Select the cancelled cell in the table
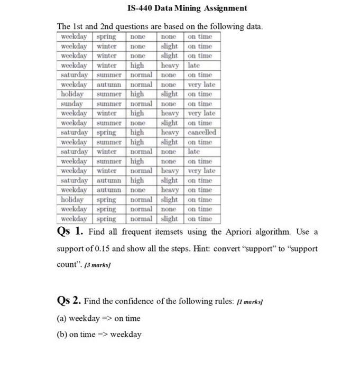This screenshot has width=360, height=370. pos(201,132)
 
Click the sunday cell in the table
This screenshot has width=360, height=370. pos(71,104)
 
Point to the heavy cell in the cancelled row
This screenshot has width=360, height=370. pos(170,132)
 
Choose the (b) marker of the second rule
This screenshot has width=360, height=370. pos(62,335)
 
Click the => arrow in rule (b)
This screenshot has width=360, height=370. pos(102,335)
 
